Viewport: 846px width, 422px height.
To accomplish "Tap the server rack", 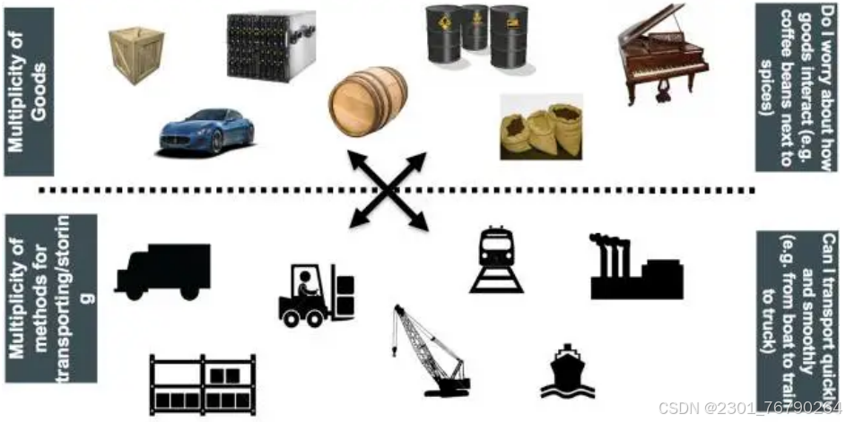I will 270,45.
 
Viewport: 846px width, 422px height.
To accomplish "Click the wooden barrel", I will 368,101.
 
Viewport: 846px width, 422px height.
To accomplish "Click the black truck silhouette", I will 163,271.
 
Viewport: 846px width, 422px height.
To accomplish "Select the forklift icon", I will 317,295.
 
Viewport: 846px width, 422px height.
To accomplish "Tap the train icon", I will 495,260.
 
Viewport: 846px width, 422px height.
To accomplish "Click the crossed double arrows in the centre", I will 387,190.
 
